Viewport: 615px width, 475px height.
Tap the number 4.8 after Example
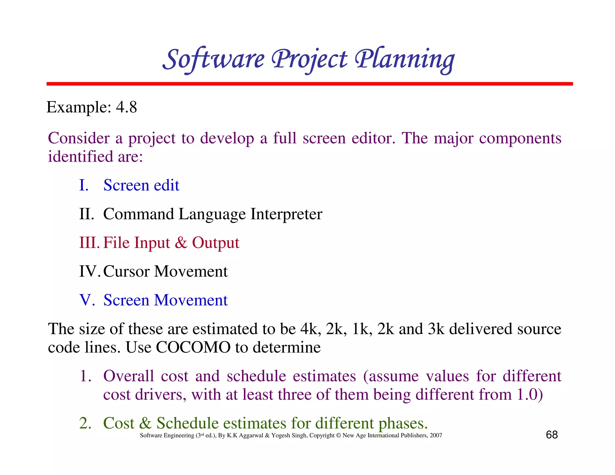click(126, 107)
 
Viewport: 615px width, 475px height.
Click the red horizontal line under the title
click(309, 84)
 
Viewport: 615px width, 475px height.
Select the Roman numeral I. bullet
click(84, 185)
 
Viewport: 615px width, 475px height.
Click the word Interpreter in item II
click(286, 214)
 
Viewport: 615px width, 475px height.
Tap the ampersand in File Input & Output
click(181, 243)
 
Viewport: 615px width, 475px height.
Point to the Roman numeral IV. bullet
click(89, 271)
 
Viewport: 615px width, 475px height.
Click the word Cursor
click(126, 271)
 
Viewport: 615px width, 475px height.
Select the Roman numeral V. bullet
click(87, 300)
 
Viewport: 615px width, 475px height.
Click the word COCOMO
click(193, 347)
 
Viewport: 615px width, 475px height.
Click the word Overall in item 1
click(129, 376)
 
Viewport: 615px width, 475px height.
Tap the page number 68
click(552, 435)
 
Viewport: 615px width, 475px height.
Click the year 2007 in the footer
click(436, 435)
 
